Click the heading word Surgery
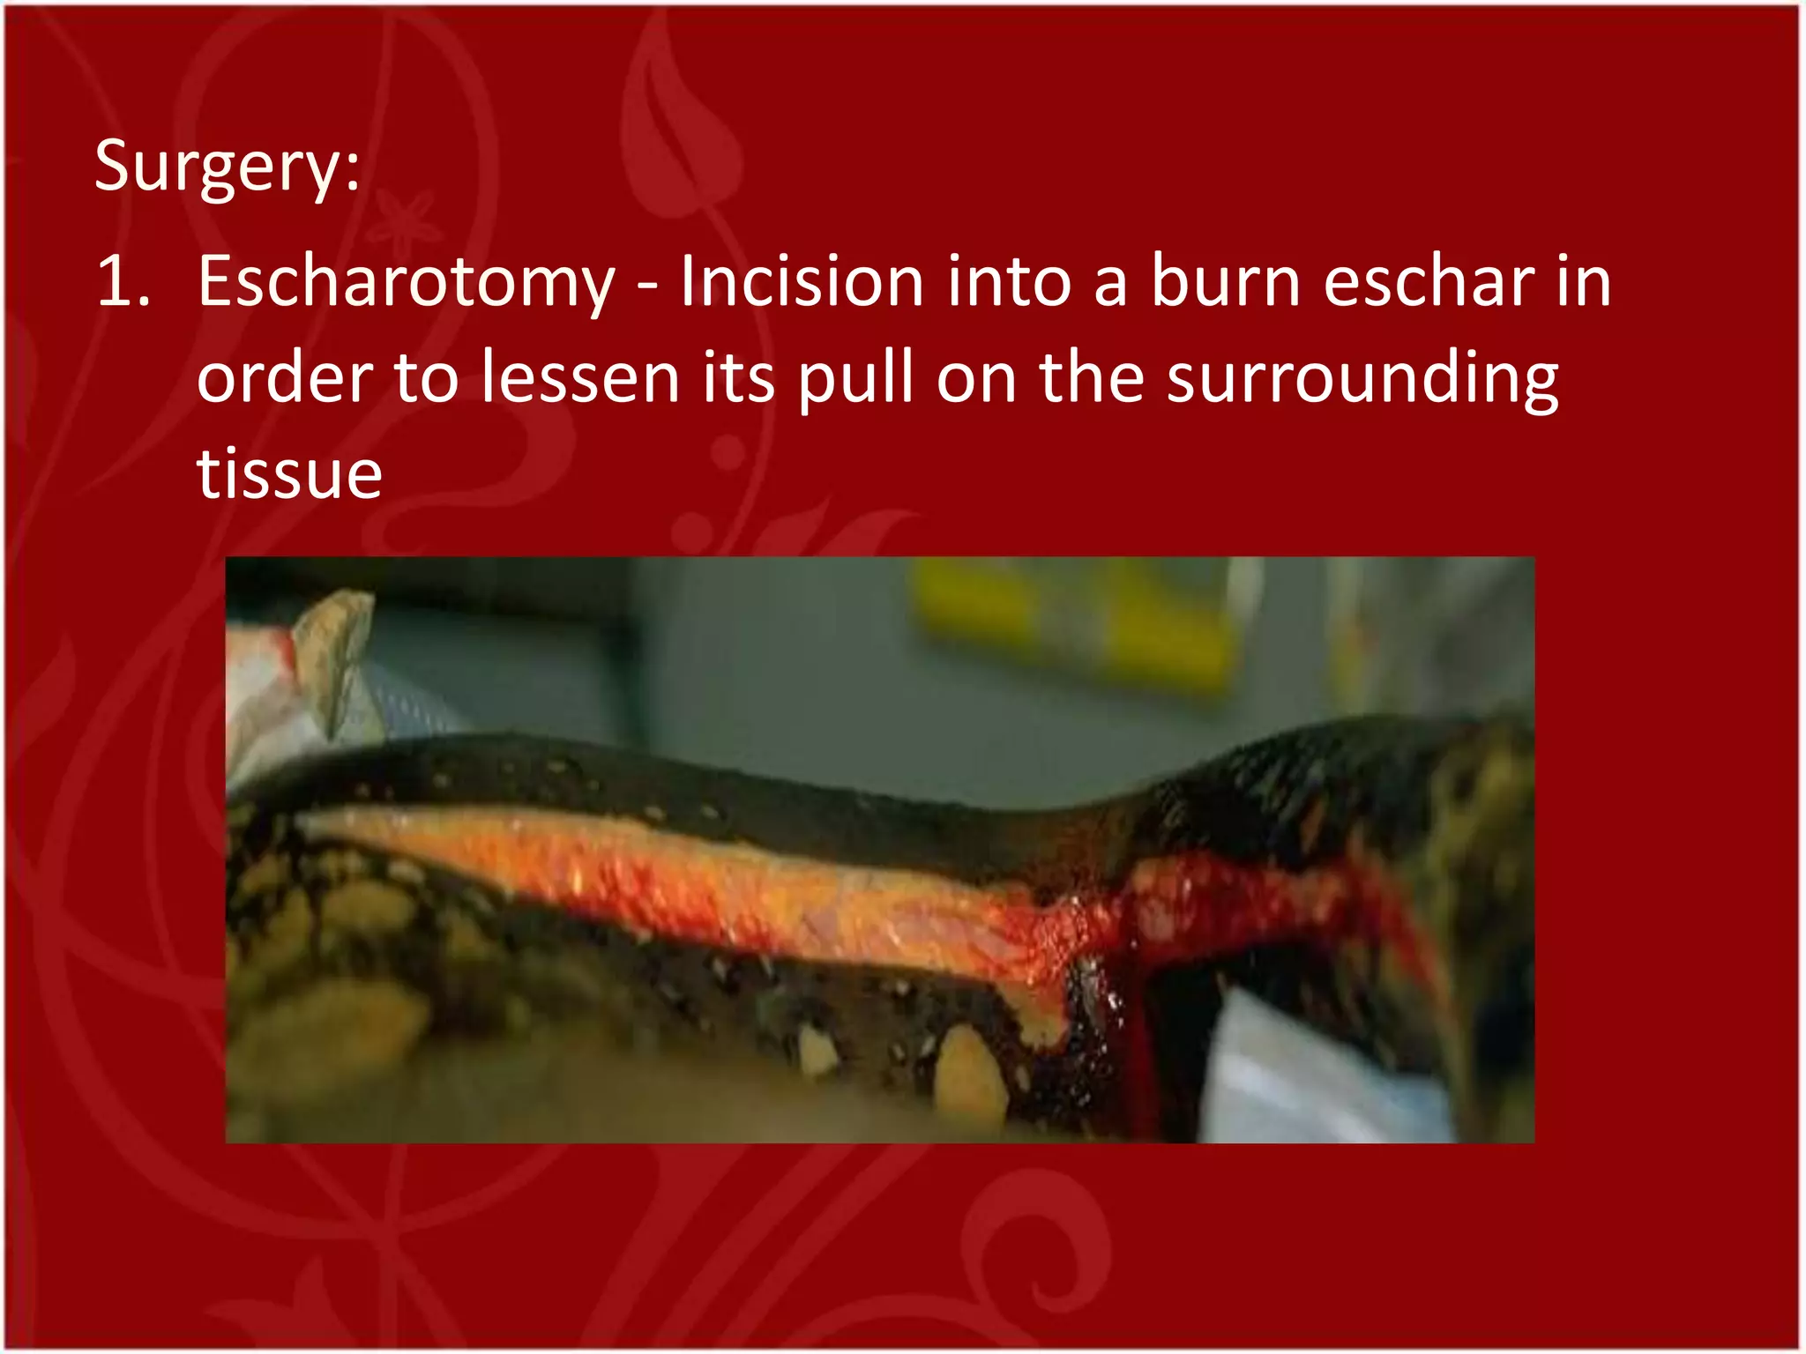point(217,167)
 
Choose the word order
point(284,379)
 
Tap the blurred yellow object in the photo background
point(1067,621)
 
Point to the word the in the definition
point(1092,379)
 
